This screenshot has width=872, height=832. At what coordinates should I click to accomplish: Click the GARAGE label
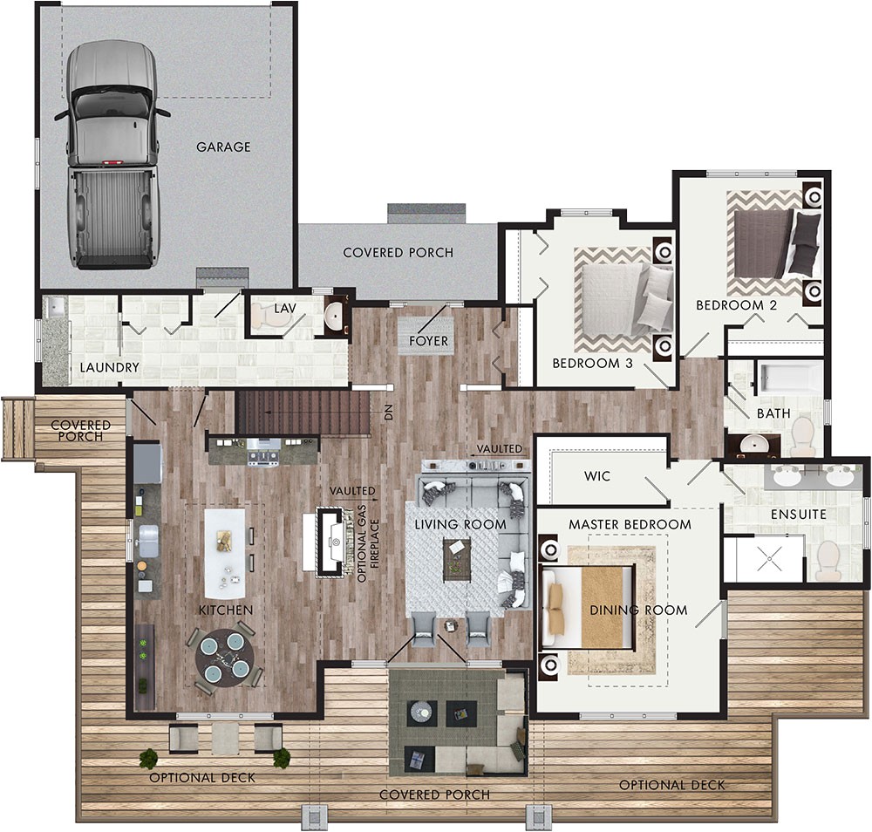point(223,147)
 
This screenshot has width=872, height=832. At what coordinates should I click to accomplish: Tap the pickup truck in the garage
point(112,154)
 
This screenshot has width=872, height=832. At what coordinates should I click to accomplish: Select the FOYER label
point(428,341)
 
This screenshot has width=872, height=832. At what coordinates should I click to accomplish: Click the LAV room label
point(285,309)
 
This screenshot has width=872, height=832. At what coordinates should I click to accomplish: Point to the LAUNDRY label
point(109,367)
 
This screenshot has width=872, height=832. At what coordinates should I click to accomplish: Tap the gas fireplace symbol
point(331,543)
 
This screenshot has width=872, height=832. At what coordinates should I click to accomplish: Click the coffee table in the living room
point(457,559)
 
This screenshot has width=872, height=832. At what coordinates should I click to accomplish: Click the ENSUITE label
point(798,515)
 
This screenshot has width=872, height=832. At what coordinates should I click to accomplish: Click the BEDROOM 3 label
point(592,363)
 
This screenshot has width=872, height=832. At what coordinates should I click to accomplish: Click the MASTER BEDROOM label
point(630,524)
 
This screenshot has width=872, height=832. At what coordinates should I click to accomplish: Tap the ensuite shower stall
point(766,560)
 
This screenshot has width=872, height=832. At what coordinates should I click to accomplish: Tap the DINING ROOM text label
point(637,610)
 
